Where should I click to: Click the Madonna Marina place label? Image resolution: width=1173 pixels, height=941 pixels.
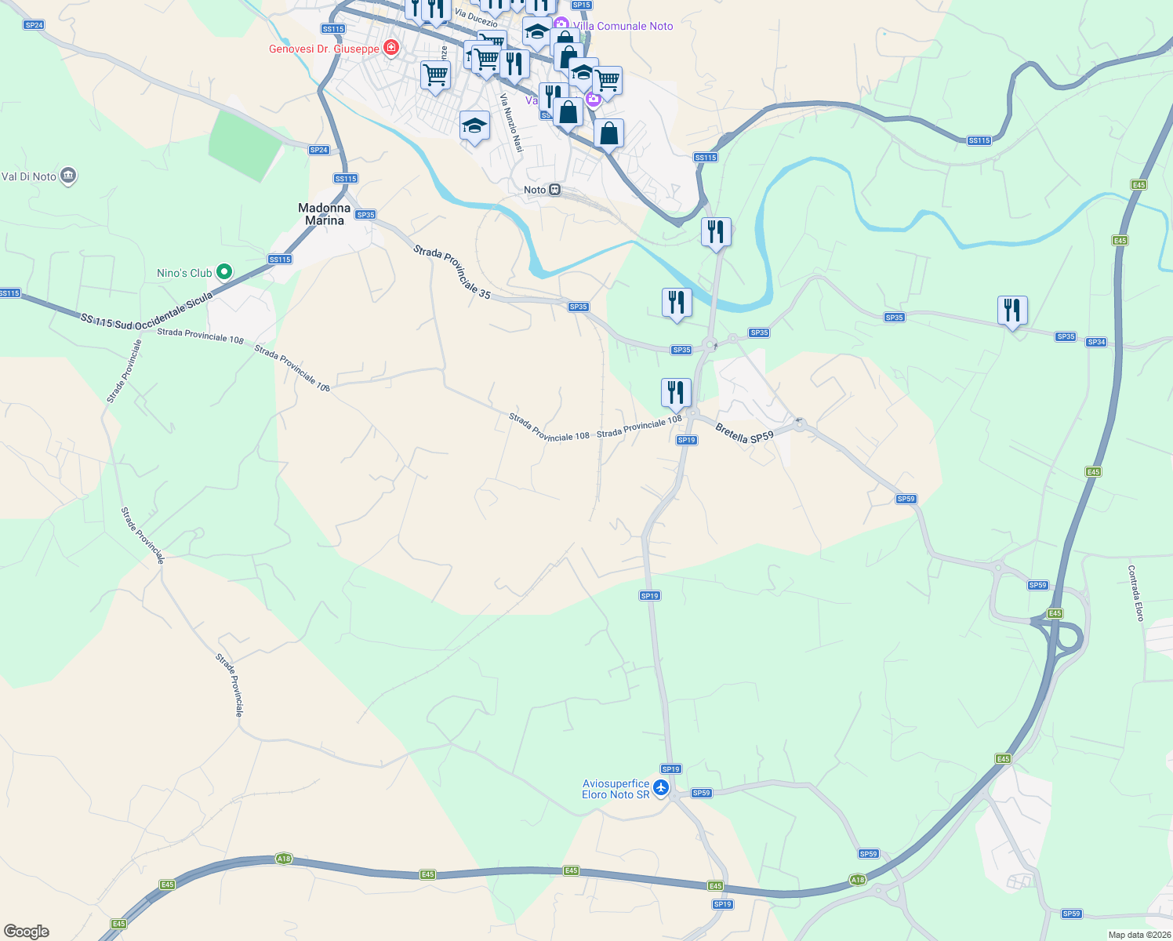[325, 214]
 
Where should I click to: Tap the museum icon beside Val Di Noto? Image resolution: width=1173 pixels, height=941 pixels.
[68, 176]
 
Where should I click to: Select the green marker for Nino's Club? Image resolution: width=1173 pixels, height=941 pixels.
[224, 272]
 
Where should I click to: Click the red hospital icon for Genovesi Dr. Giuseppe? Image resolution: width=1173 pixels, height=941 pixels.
[390, 49]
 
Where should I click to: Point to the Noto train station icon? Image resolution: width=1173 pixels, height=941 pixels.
[554, 190]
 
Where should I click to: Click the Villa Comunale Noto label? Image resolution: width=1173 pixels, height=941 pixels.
[623, 26]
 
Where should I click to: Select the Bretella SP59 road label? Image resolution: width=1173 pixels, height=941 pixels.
[744, 433]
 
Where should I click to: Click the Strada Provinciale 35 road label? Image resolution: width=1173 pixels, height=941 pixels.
[452, 272]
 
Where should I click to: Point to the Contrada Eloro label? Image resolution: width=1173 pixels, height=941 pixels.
[1135, 593]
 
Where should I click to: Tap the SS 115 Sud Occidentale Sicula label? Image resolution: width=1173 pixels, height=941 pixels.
[147, 311]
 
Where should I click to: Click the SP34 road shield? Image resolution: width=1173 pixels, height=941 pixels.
[1096, 342]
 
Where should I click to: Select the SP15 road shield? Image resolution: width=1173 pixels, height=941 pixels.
[581, 5]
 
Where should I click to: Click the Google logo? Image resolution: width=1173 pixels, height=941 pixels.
[27, 932]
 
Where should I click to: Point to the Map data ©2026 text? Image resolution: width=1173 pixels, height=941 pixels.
[1138, 935]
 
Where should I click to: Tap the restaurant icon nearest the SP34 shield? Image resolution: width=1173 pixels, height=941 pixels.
[1012, 311]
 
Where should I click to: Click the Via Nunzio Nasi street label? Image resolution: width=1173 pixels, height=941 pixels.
[511, 122]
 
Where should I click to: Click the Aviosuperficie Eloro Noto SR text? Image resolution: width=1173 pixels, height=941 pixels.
[616, 789]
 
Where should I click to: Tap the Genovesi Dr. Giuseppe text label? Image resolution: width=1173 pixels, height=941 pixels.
[324, 49]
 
